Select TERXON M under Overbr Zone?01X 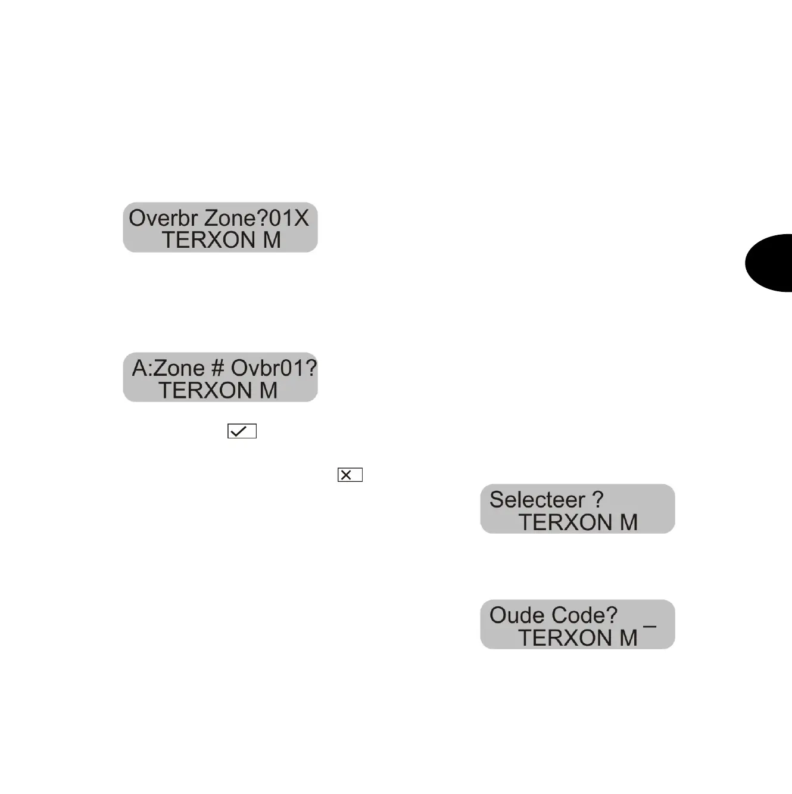point(221,240)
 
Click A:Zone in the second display point(160,368)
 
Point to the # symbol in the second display point(217,368)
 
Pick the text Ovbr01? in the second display point(274,368)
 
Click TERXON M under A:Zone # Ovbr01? point(218,391)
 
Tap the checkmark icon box point(242,431)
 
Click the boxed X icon point(350,475)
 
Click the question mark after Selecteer point(597,500)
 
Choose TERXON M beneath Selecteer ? point(578,522)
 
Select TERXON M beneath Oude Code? point(578,638)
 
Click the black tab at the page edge point(769,263)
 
